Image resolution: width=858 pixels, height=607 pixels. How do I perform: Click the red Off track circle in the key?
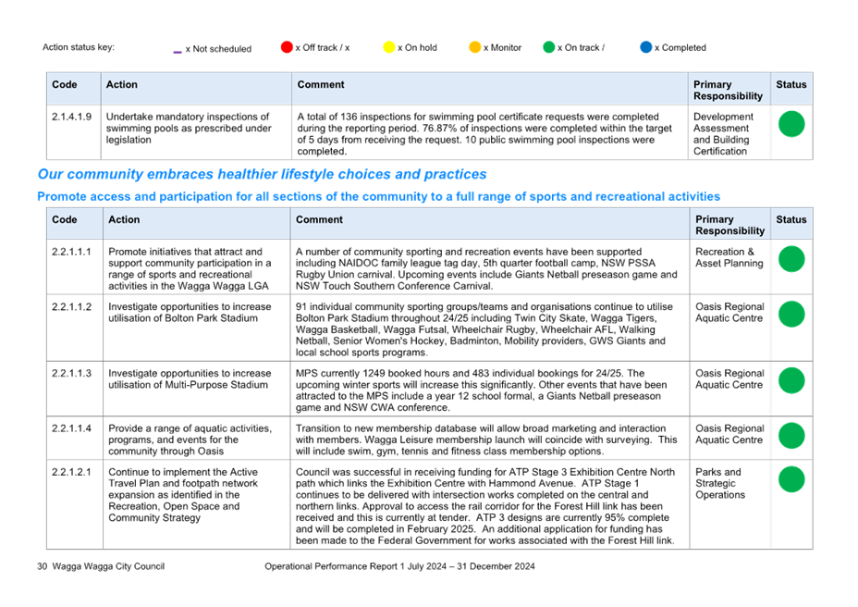[x=287, y=47]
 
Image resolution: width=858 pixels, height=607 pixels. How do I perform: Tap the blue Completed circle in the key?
[x=646, y=47]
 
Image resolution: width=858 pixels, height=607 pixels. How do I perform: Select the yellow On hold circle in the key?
[x=389, y=47]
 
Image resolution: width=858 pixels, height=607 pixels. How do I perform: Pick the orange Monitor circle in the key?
[x=475, y=47]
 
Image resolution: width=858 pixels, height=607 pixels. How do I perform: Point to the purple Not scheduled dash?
[x=178, y=52]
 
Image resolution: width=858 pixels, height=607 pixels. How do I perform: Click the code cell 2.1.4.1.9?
[x=72, y=117]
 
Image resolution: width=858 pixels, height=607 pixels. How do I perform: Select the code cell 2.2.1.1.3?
[x=72, y=373]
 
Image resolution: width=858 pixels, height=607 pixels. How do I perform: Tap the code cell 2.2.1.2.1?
[x=72, y=472]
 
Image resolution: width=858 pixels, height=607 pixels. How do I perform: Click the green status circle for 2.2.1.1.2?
[x=791, y=314]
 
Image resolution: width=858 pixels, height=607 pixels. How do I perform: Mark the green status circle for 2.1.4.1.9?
[x=791, y=124]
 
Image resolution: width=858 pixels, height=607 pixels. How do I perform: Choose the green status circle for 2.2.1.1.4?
[x=791, y=436]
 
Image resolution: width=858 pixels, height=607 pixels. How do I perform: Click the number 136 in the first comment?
[x=349, y=117]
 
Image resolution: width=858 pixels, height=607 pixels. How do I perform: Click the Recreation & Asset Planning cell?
[x=729, y=257]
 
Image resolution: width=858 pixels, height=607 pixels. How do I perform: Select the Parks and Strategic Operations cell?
[x=720, y=483]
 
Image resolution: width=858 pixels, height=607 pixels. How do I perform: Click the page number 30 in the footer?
[x=43, y=566]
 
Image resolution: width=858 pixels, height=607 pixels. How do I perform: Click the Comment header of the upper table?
[x=321, y=84]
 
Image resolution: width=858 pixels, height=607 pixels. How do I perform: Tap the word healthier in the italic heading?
[x=247, y=174]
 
